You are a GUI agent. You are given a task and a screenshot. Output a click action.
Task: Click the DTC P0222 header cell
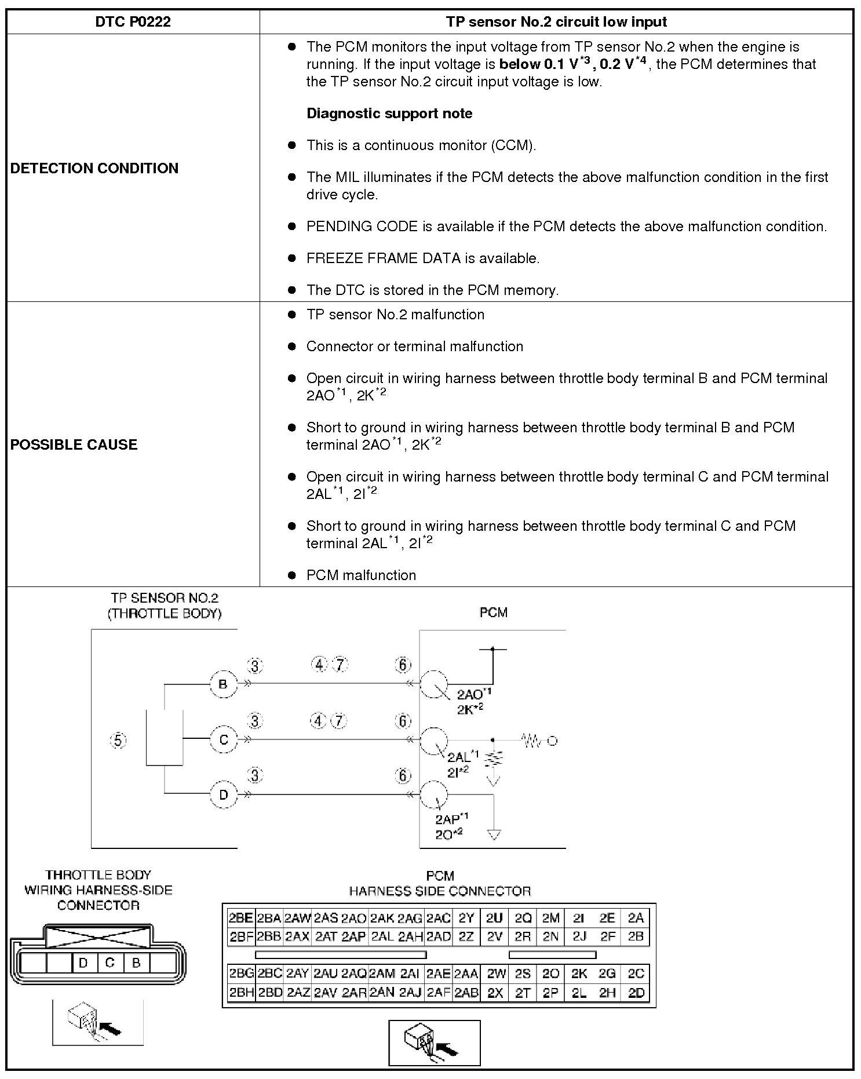[133, 22]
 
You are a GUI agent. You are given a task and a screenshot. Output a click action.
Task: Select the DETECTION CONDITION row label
[94, 168]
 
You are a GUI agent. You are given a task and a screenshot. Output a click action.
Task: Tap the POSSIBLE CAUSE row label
[74, 444]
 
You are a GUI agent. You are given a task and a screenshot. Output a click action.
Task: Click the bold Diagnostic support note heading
[389, 114]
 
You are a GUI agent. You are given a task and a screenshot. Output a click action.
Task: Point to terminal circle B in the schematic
[223, 684]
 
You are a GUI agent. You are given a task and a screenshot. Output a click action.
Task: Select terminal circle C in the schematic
[223, 739]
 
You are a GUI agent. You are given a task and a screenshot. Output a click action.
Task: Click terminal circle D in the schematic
[223, 794]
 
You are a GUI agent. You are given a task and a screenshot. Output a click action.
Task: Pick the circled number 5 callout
[118, 740]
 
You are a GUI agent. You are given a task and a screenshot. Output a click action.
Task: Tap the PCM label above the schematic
[493, 613]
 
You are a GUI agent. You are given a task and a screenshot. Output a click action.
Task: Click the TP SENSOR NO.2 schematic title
[165, 606]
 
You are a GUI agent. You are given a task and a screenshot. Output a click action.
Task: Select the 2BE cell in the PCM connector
[241, 918]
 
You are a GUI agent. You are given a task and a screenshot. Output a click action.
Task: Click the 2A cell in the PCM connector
[636, 918]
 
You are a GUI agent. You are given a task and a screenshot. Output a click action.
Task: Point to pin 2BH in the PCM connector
[241, 993]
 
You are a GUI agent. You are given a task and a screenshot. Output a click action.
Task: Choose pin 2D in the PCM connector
[636, 993]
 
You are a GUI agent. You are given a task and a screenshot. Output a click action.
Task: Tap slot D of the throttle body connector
[83, 963]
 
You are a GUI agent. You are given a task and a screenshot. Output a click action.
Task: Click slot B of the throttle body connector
[136, 963]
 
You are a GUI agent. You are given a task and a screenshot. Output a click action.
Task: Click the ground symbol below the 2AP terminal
[494, 835]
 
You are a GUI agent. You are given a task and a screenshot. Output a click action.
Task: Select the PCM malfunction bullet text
[361, 575]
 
